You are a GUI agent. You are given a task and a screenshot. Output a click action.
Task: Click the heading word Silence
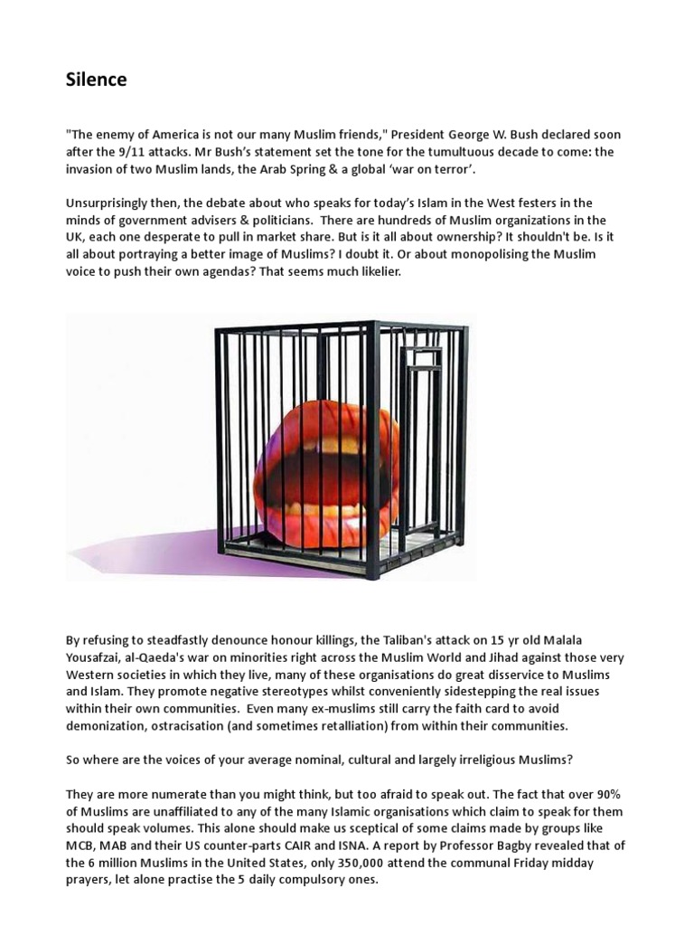pyautogui.click(x=96, y=80)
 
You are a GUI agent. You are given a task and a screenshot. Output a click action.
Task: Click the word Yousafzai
pyautogui.click(x=96, y=658)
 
